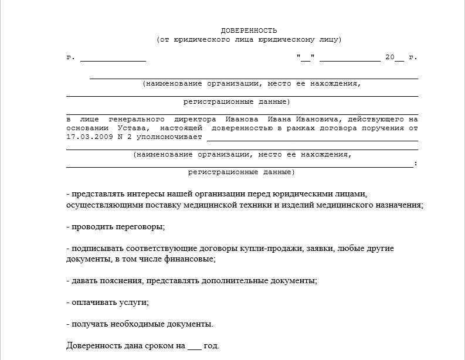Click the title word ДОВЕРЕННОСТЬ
pos(249,30)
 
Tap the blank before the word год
pos(194,346)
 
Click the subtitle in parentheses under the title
pos(249,40)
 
